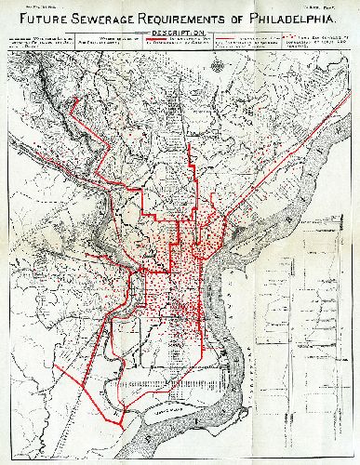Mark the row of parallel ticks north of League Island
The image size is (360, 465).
(181, 381)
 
